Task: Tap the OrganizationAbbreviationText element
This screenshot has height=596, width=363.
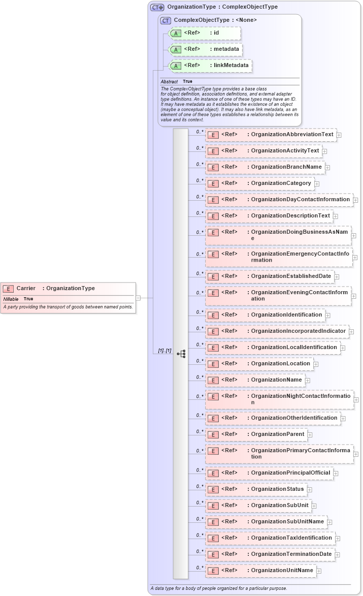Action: tap(271, 135)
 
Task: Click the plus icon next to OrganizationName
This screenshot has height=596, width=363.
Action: tap(308, 380)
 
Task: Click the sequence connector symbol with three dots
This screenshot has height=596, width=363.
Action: tap(181, 354)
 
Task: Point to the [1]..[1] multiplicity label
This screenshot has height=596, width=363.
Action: tap(164, 351)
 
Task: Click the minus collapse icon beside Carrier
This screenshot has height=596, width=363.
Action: tap(138, 298)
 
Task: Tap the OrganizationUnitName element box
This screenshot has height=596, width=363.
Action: tap(260, 571)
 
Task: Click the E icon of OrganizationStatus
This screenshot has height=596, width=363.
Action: tap(214, 489)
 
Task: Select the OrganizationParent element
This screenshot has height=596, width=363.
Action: tap(256, 434)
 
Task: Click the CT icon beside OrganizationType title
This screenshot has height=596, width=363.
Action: tap(157, 7)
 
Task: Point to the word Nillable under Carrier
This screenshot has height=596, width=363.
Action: tap(11, 299)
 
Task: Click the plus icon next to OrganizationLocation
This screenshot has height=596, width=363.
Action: tap(316, 364)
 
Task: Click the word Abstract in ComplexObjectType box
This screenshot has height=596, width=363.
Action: tap(169, 82)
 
